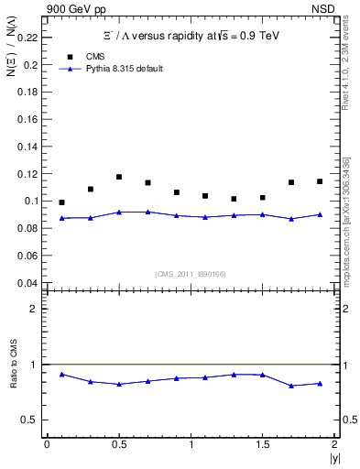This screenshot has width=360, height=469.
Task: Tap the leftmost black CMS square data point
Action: click(61, 202)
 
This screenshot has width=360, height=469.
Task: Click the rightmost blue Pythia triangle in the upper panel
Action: click(320, 214)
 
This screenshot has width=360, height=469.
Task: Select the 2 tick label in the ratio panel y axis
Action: click(34, 309)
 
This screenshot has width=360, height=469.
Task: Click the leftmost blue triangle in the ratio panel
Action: click(61, 374)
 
